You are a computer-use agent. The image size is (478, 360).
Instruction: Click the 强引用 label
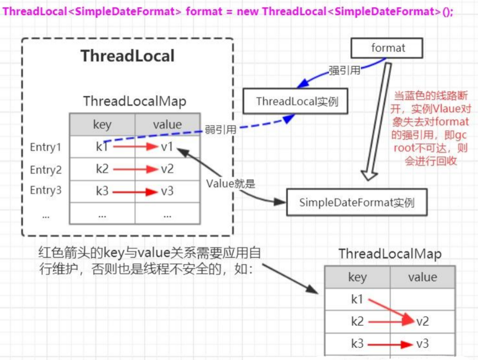coord(344,70)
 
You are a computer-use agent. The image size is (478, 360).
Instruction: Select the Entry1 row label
coord(46,147)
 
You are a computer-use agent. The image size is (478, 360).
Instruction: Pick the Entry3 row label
coord(46,191)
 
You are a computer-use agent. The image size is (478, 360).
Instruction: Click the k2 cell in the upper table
coord(102,169)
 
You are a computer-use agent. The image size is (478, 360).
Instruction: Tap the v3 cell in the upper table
coord(167,191)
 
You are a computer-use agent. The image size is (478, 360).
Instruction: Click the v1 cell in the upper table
coord(167,147)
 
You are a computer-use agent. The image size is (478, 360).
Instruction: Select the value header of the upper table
coord(167,125)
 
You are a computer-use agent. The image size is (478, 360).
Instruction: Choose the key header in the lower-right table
coord(357,277)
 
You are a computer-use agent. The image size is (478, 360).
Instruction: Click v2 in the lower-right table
coord(422,321)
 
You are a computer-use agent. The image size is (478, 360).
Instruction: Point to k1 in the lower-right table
coord(357,300)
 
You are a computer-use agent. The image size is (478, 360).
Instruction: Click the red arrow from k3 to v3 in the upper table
coord(134,192)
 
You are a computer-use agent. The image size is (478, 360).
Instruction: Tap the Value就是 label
coord(229,184)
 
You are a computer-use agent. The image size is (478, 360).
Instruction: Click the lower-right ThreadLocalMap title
coord(390,254)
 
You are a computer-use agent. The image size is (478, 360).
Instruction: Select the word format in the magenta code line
coord(205,11)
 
